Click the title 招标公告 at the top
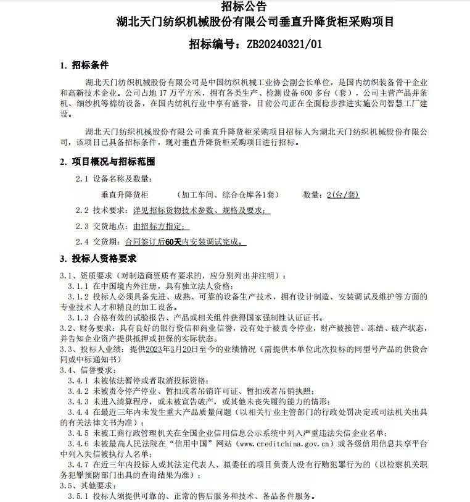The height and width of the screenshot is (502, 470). tap(234, 7)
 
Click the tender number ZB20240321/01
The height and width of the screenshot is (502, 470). tap(284, 44)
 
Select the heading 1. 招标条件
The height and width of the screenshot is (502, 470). tap(84, 65)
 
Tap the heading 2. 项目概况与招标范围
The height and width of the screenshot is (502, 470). tap(107, 162)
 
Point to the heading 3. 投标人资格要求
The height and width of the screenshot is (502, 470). tap(98, 258)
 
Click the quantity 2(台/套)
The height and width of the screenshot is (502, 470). tap(343, 195)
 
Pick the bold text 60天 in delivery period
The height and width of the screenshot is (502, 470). tap(174, 243)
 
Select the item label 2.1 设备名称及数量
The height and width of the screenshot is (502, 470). tap(113, 178)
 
